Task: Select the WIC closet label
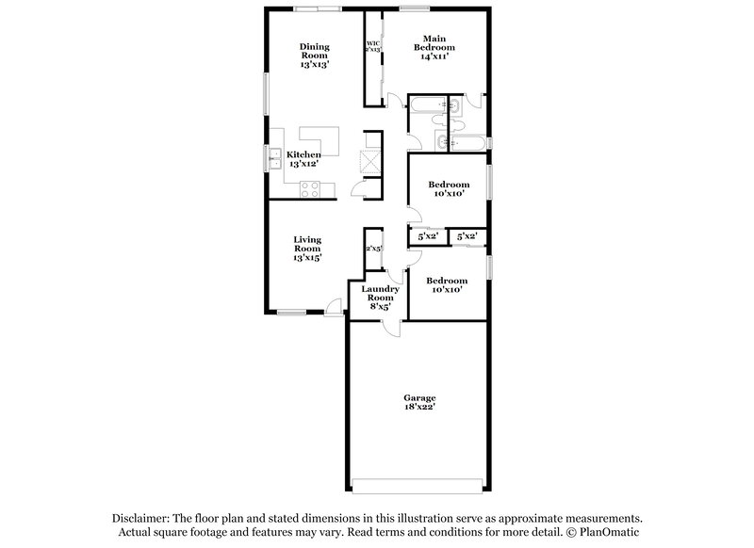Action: (373, 46)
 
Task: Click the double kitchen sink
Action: (275, 157)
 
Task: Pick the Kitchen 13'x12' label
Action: (304, 159)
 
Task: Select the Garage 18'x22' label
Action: (421, 403)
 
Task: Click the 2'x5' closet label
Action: (373, 249)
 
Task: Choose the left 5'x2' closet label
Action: (427, 237)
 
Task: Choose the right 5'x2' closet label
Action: (466, 237)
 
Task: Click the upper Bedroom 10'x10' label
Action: (448, 189)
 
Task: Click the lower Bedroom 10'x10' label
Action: (446, 285)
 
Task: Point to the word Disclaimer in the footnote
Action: (144, 519)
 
